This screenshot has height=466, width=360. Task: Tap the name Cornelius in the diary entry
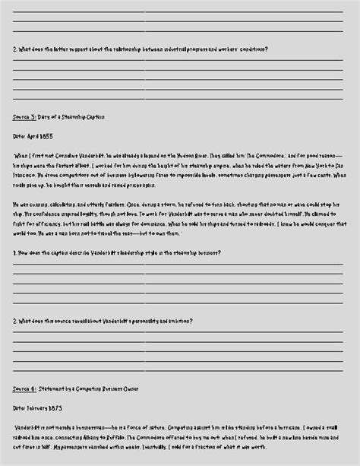pos(78,154)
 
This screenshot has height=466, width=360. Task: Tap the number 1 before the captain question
pos(14,252)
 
